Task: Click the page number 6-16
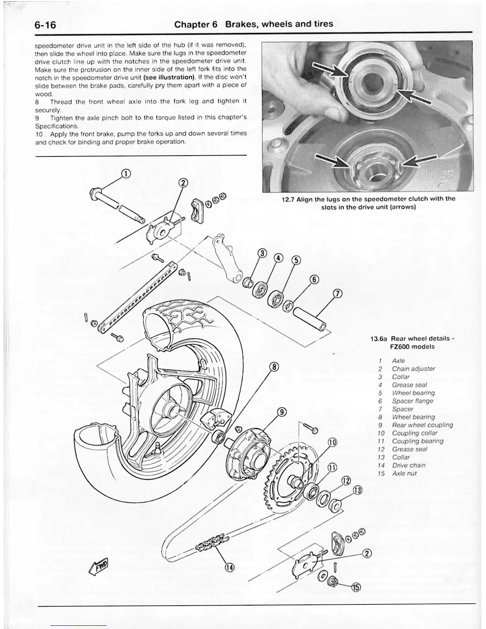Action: pyautogui.click(x=45, y=25)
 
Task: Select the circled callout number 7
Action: pyautogui.click(x=337, y=294)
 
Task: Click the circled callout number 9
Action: pyautogui.click(x=282, y=412)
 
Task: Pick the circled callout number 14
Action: pyautogui.click(x=229, y=567)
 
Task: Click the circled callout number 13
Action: pyautogui.click(x=357, y=491)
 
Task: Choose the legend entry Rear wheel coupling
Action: pyautogui.click(x=422, y=425)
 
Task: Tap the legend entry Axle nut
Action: pyautogui.click(x=404, y=473)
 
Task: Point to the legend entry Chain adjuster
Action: pyautogui.click(x=413, y=369)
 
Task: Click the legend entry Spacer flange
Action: pyautogui.click(x=413, y=401)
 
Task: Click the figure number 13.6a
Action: pyautogui.click(x=379, y=339)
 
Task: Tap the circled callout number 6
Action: pyautogui.click(x=314, y=279)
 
